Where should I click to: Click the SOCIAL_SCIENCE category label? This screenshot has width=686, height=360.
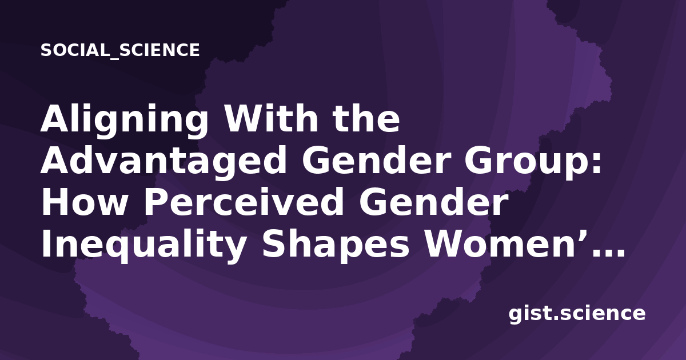coord(120,50)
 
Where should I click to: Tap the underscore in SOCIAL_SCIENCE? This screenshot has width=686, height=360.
coord(114,58)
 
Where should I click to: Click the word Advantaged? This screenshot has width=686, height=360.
coord(163,161)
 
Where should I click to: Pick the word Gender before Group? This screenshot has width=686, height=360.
coord(375,160)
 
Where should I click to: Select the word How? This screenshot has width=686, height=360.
coord(84,202)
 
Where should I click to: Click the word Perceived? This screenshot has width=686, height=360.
coord(244,202)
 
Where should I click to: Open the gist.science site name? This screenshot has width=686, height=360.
coord(577,314)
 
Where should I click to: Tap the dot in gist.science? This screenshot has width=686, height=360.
coord(557,318)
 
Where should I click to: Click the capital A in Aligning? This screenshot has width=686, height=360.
coord(55,118)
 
